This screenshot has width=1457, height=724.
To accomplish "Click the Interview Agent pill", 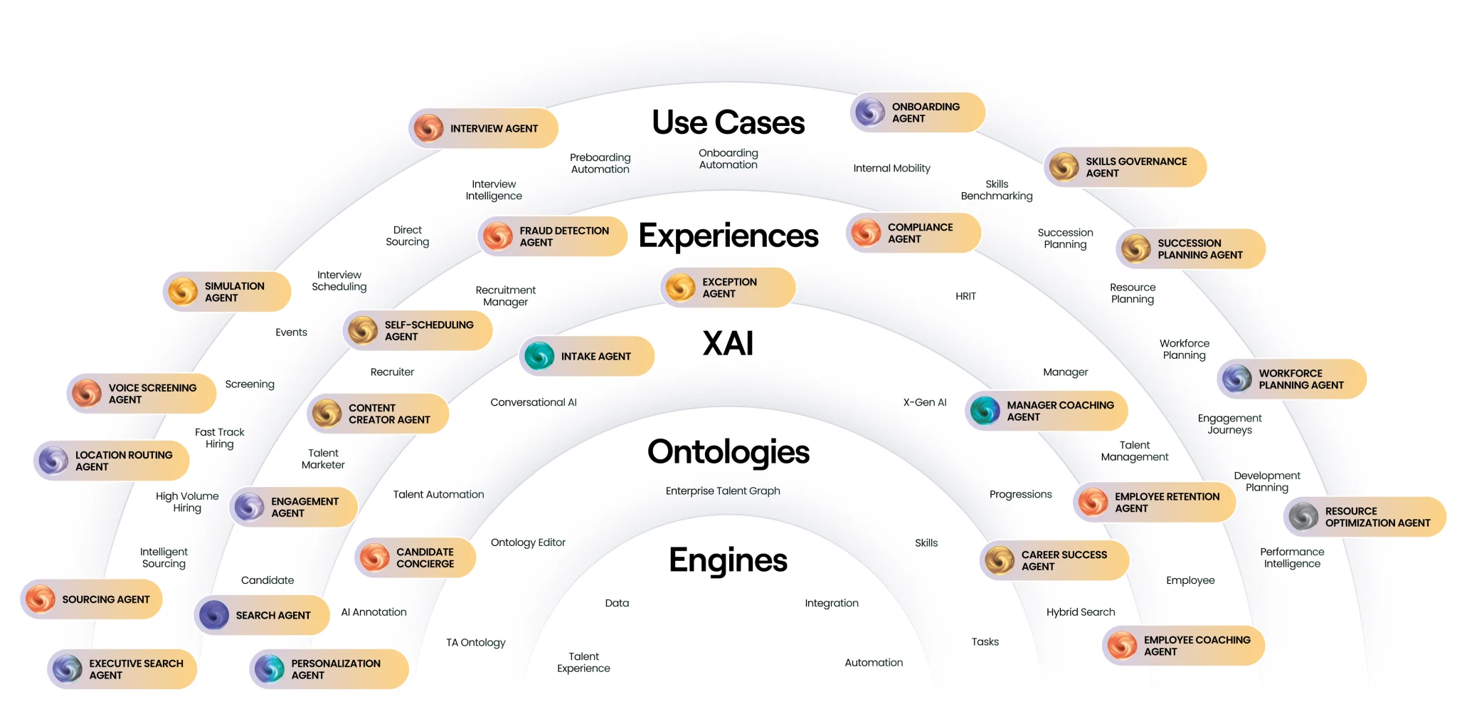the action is click(x=484, y=128).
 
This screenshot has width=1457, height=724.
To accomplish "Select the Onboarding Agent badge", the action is click(x=918, y=112).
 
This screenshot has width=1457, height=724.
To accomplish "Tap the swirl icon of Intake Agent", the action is click(x=539, y=356).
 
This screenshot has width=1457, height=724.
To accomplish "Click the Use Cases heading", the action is click(x=728, y=122).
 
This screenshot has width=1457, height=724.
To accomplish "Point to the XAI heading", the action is click(x=728, y=343).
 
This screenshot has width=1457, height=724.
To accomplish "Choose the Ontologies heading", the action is click(x=728, y=452).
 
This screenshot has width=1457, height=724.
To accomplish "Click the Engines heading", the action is click(x=728, y=560).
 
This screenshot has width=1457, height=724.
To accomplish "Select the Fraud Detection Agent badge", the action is click(x=553, y=236).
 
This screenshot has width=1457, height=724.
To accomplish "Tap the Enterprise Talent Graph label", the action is click(x=723, y=490).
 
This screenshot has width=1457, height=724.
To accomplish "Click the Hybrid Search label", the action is click(x=1081, y=612).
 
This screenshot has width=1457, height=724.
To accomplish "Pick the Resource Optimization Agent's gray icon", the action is click(x=1304, y=517).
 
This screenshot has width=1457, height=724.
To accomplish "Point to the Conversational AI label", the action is click(x=534, y=402).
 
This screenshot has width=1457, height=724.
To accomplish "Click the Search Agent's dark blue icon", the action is click(x=214, y=615).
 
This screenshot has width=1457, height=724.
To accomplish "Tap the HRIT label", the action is click(x=966, y=296).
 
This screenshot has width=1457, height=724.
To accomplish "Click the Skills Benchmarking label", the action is click(x=997, y=190).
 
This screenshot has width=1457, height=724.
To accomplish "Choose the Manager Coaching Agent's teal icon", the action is click(x=985, y=411).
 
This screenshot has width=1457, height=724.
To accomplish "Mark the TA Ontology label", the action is click(x=476, y=642).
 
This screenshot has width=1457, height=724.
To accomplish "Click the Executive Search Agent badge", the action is click(x=122, y=669).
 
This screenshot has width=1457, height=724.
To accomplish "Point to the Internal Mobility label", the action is click(x=892, y=168).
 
